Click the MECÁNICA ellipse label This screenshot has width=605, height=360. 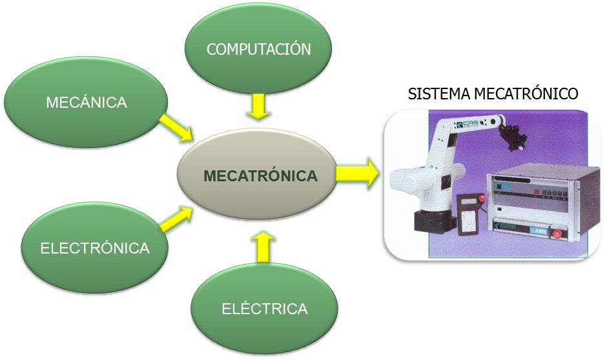86,102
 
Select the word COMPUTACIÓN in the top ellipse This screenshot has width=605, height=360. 258,50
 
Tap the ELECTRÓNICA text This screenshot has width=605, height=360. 95,248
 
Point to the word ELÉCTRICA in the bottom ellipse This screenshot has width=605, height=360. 265,308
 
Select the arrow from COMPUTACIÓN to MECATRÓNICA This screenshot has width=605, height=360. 258,106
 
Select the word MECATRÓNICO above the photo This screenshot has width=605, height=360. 527,94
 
